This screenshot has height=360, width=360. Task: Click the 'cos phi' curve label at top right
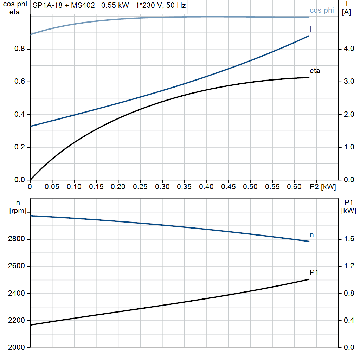tap(322, 10)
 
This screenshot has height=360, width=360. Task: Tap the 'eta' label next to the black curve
tap(315, 71)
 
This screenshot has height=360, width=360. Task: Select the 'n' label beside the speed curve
tap(311, 234)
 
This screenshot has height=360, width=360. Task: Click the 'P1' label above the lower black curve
tap(314, 272)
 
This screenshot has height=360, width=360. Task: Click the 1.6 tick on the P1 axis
tap(349, 239)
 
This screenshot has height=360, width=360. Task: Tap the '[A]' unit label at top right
tap(346, 12)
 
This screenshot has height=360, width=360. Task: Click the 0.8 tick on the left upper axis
tap(20, 49)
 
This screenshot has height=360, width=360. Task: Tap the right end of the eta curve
tap(309, 77)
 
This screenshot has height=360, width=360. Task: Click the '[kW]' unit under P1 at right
tap(348, 211)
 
